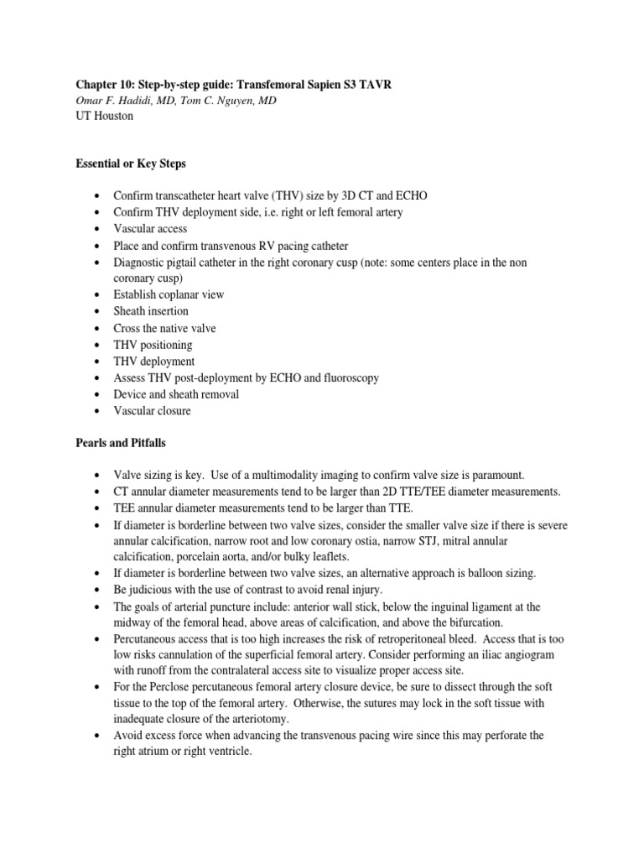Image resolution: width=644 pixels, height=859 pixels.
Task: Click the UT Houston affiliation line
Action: click(x=104, y=117)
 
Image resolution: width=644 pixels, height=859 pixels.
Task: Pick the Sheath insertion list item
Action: click(x=151, y=311)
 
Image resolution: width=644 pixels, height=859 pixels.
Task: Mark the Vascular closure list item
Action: click(x=152, y=411)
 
